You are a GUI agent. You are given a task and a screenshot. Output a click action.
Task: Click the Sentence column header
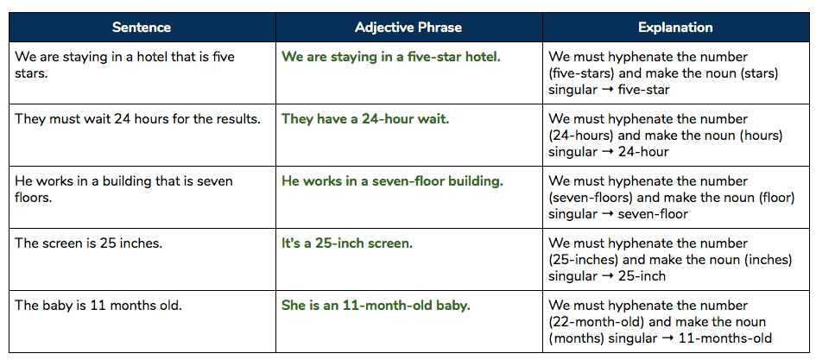pos(142,28)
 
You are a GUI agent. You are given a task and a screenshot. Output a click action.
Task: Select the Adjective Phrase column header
pos(408,28)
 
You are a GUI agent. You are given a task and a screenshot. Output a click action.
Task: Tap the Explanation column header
pos(675,28)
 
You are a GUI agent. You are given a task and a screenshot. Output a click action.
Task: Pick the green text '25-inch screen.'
pos(364,243)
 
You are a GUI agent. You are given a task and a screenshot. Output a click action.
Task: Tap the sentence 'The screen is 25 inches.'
pos(88,243)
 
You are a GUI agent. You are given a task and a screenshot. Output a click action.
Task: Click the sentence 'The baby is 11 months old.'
pos(98,306)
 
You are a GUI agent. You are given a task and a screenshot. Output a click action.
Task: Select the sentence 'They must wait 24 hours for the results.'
pos(138,119)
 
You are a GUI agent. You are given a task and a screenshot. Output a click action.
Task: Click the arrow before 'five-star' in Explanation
pos(606,90)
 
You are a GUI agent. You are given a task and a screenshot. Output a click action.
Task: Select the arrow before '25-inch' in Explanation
pos(606,276)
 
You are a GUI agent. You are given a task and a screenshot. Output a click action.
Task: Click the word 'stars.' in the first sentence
pos(31,73)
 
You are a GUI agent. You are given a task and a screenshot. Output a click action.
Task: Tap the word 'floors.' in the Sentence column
pos(34,198)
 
